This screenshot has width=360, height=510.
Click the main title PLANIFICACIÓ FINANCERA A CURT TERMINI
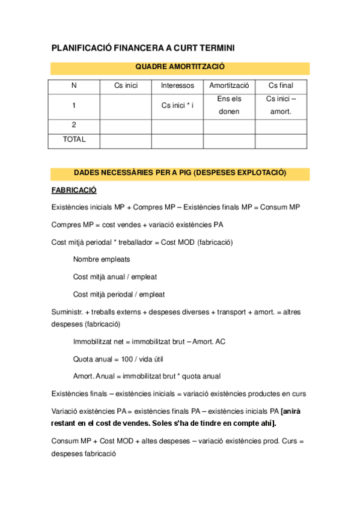click(x=142, y=48)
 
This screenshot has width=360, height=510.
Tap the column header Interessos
click(x=177, y=86)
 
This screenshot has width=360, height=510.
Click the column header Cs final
click(x=281, y=86)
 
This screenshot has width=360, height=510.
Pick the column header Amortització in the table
click(x=229, y=86)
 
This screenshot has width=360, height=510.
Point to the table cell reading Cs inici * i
click(x=177, y=106)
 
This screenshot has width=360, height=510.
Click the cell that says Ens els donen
click(x=229, y=105)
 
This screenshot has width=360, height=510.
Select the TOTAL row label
click(x=74, y=140)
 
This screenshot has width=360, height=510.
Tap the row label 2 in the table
click(x=74, y=125)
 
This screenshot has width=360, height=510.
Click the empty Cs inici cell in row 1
click(x=126, y=106)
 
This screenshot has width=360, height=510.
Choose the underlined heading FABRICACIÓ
click(x=74, y=190)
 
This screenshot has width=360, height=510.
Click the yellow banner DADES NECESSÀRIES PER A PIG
click(x=180, y=173)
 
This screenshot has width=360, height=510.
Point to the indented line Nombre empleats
click(x=102, y=260)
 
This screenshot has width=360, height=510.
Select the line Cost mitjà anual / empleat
click(x=115, y=277)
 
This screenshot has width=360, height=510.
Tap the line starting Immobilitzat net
click(x=149, y=342)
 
